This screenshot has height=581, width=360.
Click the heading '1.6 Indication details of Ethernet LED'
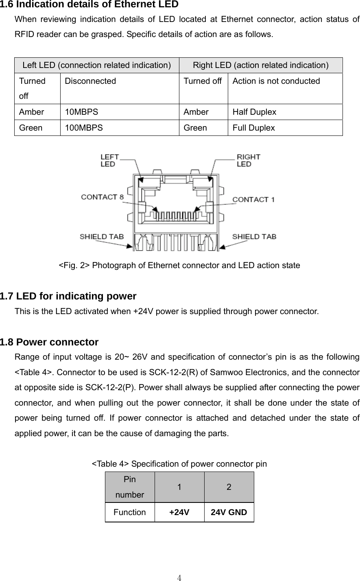point(89,5)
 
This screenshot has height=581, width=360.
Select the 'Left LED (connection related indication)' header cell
point(97,65)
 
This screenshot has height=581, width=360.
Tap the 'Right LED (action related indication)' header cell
point(261,65)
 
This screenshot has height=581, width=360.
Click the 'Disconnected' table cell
point(90,81)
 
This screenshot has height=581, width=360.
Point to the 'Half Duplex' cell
point(255,112)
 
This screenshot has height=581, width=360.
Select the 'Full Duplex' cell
point(254,128)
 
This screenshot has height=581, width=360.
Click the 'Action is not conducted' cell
point(277,81)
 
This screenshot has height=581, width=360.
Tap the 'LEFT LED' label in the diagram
point(110,160)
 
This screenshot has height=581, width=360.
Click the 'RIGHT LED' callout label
point(248,160)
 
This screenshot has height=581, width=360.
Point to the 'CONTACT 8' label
point(103,197)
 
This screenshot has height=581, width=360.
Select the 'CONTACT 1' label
point(253,199)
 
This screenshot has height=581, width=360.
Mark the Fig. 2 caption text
point(179,266)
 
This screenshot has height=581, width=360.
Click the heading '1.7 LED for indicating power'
point(68,296)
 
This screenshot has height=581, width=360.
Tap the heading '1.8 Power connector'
point(50,342)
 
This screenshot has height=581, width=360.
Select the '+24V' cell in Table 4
point(179,512)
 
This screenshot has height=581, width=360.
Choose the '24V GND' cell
point(229,512)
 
